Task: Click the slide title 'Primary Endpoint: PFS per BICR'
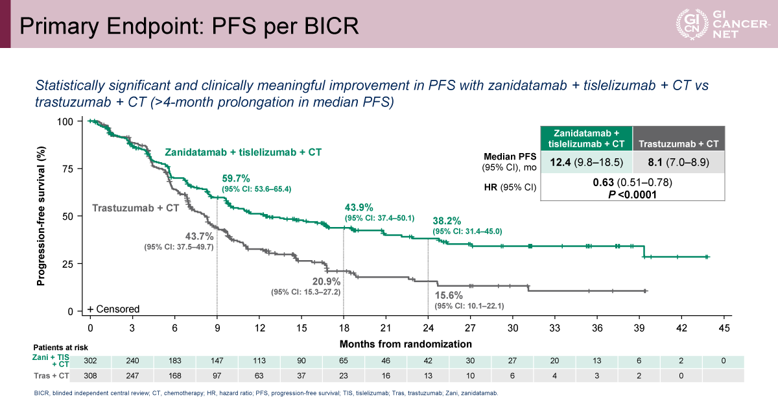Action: (189, 25)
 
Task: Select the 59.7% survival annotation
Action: (236, 178)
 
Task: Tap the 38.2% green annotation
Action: (447, 220)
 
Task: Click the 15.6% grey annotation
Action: (449, 294)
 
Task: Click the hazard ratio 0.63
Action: (604, 182)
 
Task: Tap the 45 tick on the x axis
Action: (724, 328)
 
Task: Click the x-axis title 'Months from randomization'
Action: (406, 344)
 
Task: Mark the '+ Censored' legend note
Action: (113, 309)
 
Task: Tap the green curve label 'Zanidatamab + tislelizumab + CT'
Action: (243, 152)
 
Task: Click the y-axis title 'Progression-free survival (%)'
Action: (41, 216)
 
